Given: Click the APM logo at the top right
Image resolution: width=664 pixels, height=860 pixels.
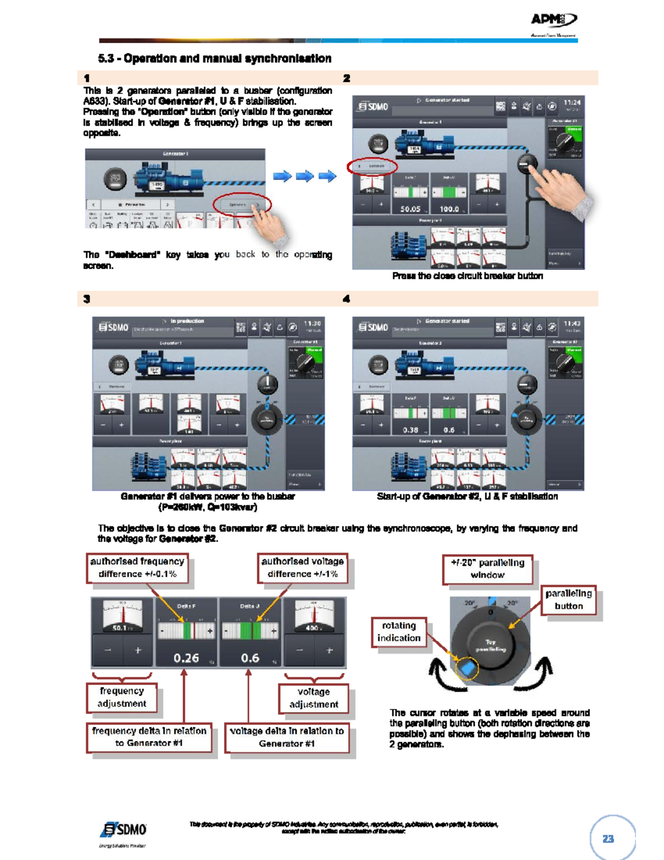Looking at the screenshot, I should tap(553, 21).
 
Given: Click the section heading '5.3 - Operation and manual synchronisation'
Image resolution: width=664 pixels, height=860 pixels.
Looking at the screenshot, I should tap(215, 59).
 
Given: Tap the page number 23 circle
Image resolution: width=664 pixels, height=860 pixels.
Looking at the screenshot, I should tap(608, 838).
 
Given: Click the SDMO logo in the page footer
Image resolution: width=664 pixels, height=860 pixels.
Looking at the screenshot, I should tap(124, 830).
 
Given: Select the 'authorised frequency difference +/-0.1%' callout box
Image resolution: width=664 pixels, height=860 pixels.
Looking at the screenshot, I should tap(137, 568).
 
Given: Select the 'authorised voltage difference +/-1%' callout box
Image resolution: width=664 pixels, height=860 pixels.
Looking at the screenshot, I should tap(303, 568).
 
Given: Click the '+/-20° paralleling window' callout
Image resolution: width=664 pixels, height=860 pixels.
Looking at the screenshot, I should tap(487, 569).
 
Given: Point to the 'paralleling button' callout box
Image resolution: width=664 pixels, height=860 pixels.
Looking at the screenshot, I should tap(568, 600).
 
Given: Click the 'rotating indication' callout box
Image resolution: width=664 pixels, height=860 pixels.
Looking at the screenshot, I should tap(399, 632).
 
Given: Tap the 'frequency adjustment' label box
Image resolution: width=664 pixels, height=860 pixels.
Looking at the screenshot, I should tap(122, 697).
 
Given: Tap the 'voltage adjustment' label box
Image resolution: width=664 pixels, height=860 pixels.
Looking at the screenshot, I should tap(314, 698).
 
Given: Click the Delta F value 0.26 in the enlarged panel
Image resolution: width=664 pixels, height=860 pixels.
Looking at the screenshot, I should tap(186, 658).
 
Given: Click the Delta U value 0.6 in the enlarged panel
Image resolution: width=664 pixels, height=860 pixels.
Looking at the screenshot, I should tap(250, 658).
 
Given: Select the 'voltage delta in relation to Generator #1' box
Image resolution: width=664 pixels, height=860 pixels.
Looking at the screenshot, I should tap(287, 737).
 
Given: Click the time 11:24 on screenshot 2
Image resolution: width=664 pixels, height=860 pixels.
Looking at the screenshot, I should tap(572, 102).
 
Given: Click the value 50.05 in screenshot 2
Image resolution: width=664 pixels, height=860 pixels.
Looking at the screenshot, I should tap(410, 209).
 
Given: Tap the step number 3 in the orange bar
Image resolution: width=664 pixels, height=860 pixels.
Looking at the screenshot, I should tap(86, 299).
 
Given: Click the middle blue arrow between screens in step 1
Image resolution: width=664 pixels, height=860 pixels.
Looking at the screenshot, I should tap(305, 176).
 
